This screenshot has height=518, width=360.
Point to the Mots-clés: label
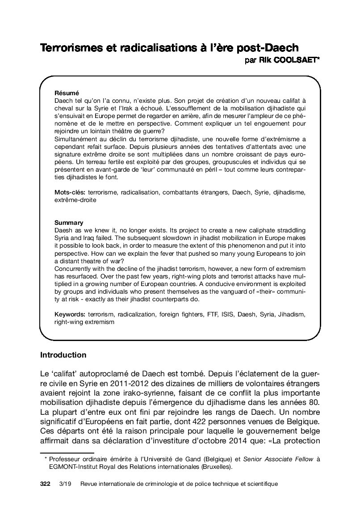pyautogui.click(x=70, y=192)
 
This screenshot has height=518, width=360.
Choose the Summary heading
pyautogui.click(x=69, y=222)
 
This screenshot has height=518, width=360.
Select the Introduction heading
pyautogui.click(x=63, y=355)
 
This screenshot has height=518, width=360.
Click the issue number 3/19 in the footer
pyautogui.click(x=65, y=484)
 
